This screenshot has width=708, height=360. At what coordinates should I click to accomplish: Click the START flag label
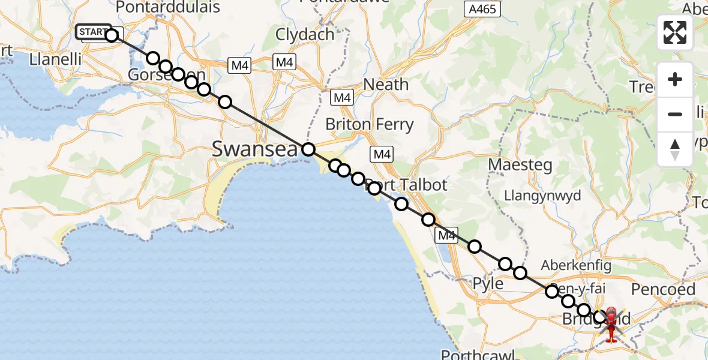(94, 31)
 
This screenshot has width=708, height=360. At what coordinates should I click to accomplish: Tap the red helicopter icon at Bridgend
(611, 325)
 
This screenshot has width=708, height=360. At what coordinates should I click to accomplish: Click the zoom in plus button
(675, 79)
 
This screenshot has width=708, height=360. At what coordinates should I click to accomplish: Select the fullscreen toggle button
(675, 32)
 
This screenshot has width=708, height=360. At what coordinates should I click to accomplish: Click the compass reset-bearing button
(675, 149)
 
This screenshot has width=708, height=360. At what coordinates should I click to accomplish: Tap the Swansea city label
(254, 149)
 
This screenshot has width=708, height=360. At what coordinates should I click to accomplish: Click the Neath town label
(386, 85)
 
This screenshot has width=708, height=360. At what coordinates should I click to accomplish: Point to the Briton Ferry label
(369, 125)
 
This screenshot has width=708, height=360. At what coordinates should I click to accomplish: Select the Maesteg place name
(520, 164)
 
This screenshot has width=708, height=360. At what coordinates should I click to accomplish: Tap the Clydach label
(305, 34)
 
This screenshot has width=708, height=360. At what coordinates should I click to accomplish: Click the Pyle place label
(488, 283)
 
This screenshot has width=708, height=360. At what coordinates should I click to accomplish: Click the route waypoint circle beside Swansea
(308, 149)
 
